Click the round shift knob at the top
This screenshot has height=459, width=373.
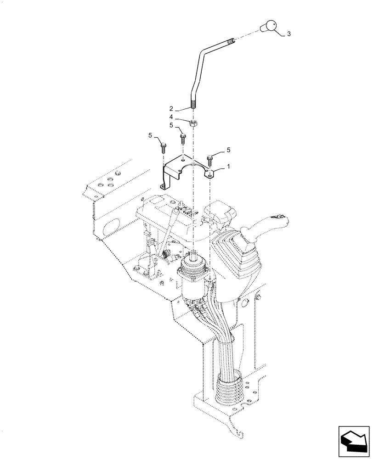point(269,27)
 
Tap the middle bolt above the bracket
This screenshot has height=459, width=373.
point(183,137)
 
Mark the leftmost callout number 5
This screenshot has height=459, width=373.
point(150,135)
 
